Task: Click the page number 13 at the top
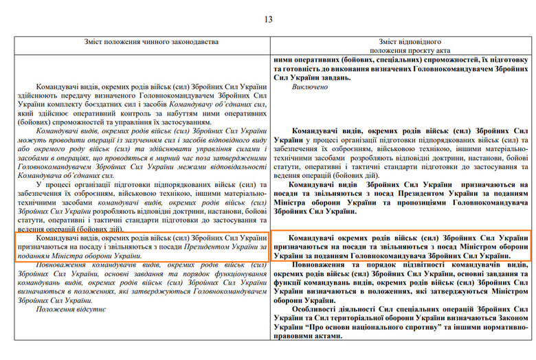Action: tap(268, 19)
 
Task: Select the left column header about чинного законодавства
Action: tap(142, 43)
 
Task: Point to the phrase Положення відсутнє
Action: tap(71, 309)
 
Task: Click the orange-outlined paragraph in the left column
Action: tap(142, 247)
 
